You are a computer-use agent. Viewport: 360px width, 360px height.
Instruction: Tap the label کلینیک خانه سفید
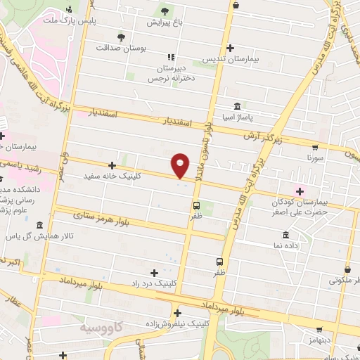(112, 176)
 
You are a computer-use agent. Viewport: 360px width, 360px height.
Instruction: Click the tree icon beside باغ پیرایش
(165, 11)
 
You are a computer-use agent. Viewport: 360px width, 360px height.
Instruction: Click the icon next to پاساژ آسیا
(235, 104)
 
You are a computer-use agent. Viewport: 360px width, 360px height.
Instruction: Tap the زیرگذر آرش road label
(262, 136)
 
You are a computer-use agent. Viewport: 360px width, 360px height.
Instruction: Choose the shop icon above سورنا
(314, 148)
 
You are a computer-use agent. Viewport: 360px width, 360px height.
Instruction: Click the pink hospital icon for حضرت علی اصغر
(300, 191)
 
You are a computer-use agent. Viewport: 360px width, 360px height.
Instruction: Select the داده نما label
(285, 246)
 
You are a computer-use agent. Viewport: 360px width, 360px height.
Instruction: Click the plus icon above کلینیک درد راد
(154, 272)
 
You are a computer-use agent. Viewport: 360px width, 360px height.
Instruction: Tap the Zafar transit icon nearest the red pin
(196, 205)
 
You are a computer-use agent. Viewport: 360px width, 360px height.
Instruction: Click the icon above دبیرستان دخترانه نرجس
(169, 56)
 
